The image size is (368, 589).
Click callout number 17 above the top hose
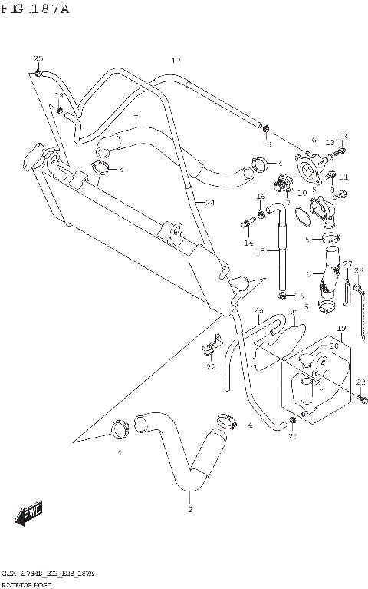point(176,61)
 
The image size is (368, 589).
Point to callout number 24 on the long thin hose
point(209,203)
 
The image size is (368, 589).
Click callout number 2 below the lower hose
point(189,509)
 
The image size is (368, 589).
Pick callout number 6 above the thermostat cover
point(313,141)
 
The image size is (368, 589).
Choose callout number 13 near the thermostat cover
point(329,142)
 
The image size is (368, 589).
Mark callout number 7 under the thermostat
point(288,204)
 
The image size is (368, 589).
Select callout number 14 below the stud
point(248,243)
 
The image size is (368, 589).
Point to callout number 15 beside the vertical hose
point(260,250)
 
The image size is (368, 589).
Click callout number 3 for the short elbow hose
point(309,274)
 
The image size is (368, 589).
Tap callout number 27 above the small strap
point(347,264)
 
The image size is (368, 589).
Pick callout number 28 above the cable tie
point(358,270)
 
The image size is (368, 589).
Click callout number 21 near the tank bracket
point(293,313)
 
